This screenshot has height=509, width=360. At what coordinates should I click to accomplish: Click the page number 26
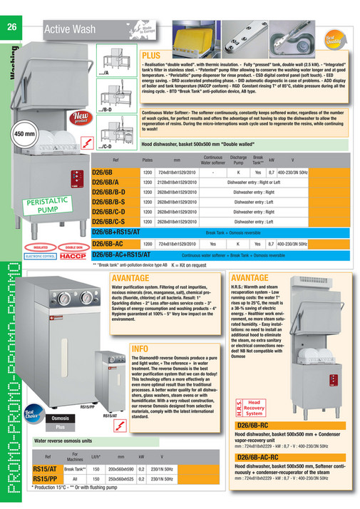11,28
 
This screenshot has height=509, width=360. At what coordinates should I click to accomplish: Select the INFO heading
140,348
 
